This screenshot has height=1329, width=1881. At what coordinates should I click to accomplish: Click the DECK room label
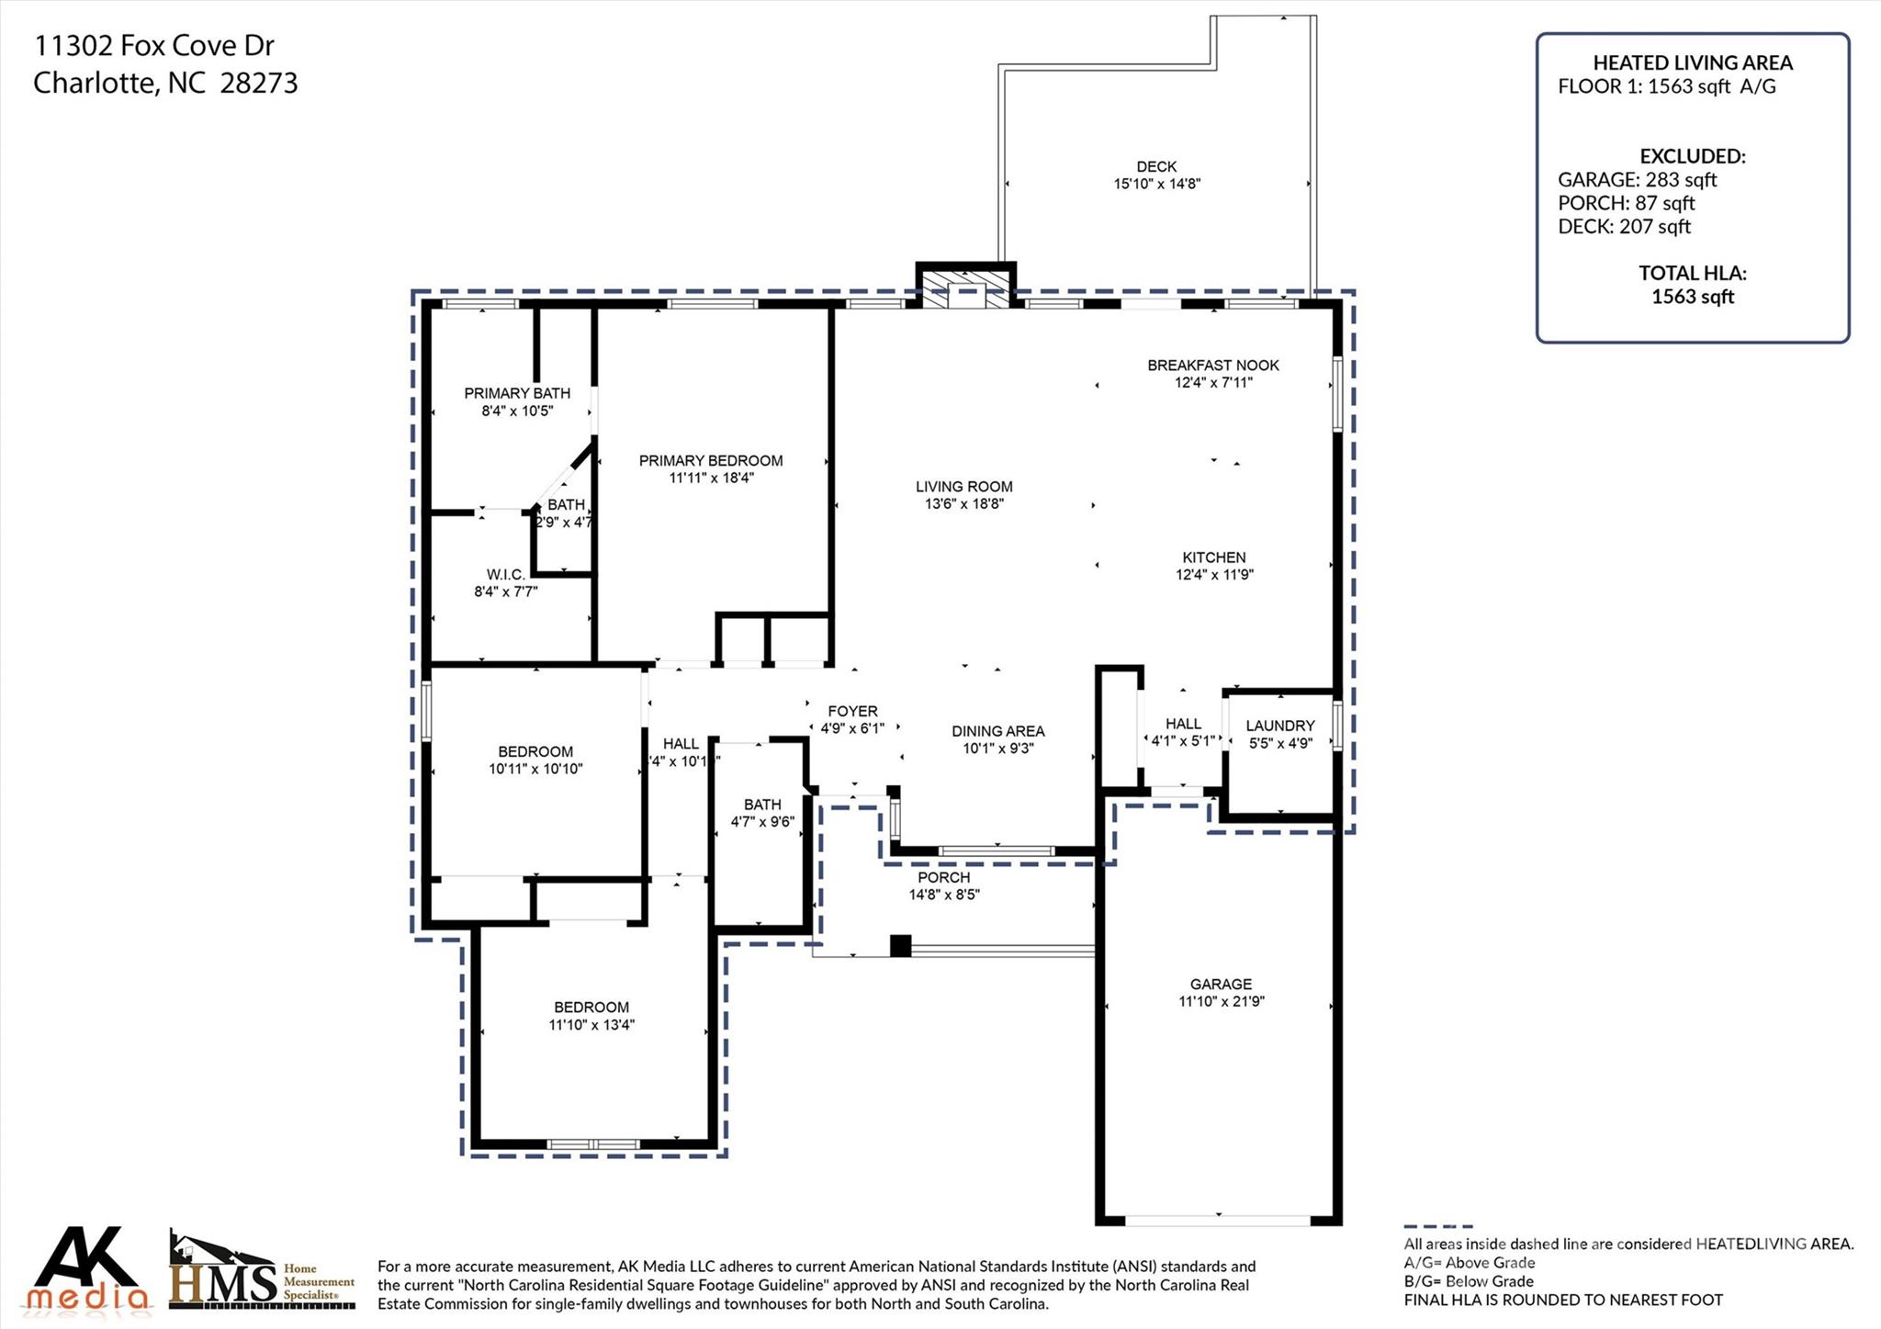[x=1156, y=166]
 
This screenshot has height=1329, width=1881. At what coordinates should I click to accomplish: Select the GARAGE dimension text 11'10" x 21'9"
[x=1221, y=1001]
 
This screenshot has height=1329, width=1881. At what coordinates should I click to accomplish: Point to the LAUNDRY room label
[x=1279, y=726]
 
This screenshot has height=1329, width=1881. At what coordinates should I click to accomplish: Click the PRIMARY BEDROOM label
[x=711, y=461]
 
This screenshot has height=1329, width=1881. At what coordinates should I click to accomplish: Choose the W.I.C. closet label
[x=506, y=575]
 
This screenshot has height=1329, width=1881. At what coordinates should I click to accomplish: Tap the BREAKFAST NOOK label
[x=1212, y=366]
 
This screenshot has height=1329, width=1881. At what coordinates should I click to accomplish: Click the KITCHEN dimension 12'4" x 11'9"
[x=1214, y=575]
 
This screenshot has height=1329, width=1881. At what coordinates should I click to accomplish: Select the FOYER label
[x=852, y=711]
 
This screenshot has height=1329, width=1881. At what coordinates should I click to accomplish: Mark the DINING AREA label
[x=997, y=731]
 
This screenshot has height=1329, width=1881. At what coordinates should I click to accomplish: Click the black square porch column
[x=900, y=946]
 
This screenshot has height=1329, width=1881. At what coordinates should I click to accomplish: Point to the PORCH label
[x=943, y=877]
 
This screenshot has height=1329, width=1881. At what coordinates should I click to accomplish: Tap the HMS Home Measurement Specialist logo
[x=262, y=1273]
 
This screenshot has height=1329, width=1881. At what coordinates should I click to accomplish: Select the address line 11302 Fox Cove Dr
[x=154, y=46]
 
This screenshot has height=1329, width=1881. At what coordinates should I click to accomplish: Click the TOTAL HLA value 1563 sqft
[x=1692, y=296]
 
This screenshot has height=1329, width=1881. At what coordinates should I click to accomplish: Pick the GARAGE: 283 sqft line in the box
[x=1637, y=180]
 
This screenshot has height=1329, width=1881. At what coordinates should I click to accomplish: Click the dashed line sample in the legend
[x=1437, y=1226]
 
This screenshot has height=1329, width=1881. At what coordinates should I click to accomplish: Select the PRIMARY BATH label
[x=517, y=393]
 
